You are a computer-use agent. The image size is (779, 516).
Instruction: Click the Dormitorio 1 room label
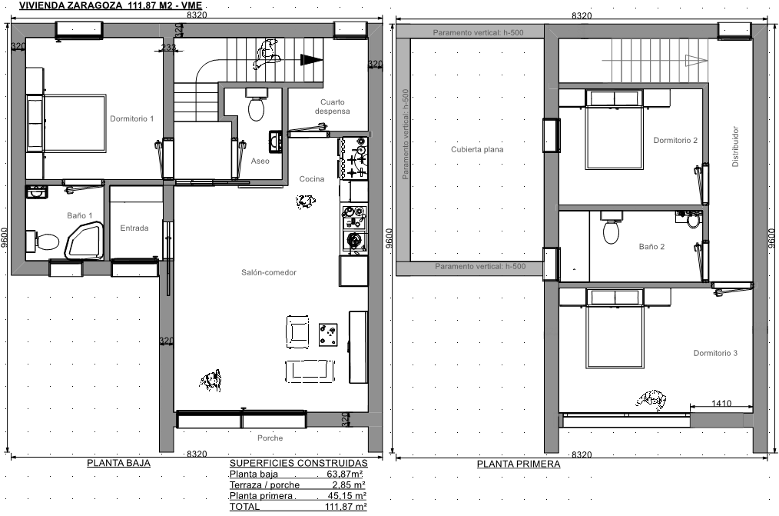click(131, 118)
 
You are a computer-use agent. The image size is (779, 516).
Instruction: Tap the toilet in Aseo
click(257, 105)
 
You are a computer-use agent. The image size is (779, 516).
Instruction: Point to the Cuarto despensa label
click(333, 106)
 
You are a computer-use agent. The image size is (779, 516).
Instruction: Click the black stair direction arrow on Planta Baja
click(311, 60)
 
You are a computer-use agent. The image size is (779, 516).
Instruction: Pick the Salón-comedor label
click(269, 272)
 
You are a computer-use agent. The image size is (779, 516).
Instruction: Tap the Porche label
click(270, 438)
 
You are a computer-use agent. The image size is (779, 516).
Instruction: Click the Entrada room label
click(134, 228)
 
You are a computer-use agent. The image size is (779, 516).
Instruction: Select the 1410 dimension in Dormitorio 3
click(721, 403)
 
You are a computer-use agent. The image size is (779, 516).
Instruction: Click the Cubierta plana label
click(477, 149)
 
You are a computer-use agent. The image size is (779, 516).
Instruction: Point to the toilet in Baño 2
click(611, 228)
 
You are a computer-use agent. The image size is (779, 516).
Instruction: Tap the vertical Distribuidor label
click(735, 146)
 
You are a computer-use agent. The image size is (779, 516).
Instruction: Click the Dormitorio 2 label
click(675, 140)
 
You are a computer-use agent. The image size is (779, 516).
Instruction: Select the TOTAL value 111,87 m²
click(346, 507)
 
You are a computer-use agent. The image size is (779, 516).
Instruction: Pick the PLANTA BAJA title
click(119, 463)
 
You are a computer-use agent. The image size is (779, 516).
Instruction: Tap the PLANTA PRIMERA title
click(519, 464)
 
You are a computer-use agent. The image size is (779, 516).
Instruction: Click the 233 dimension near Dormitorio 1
click(169, 48)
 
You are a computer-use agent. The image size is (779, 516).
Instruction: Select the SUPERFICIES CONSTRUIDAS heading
click(299, 463)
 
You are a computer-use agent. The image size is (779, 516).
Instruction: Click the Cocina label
click(311, 179)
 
